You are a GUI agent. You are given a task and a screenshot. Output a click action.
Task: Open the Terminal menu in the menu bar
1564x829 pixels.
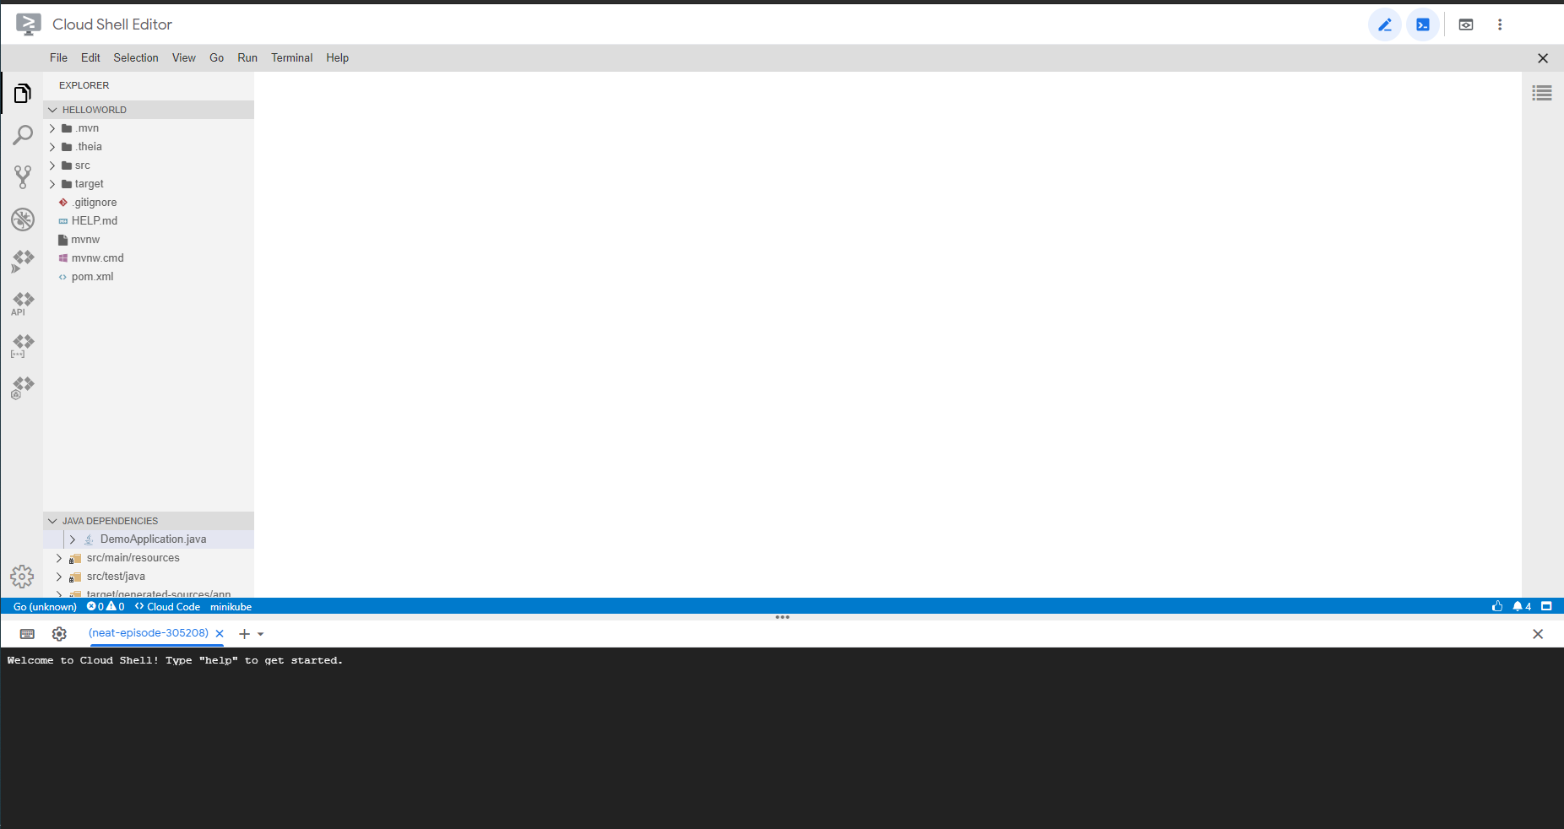(x=291, y=57)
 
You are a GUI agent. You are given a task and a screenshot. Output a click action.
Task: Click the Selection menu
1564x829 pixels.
(x=136, y=57)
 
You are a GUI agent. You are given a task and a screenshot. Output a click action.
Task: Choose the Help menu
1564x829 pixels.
(x=337, y=57)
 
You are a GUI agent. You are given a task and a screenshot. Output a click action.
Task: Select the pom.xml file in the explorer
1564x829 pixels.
(x=92, y=277)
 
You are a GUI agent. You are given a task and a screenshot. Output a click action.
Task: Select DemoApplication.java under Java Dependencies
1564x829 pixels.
(x=153, y=539)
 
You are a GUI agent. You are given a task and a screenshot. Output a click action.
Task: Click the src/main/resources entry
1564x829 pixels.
(x=133, y=558)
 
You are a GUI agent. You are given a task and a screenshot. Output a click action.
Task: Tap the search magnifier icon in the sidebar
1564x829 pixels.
(x=23, y=135)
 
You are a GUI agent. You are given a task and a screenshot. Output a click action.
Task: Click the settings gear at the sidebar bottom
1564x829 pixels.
(x=22, y=577)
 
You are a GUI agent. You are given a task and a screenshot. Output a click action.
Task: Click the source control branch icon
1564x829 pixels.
(x=23, y=177)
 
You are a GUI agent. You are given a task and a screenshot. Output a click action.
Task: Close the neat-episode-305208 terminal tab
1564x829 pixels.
(x=220, y=633)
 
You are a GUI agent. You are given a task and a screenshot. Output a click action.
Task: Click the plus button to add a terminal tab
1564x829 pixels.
(x=244, y=634)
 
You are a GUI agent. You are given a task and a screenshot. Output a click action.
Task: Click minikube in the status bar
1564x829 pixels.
(x=231, y=607)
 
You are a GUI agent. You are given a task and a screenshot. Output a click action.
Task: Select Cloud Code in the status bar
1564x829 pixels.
(x=168, y=607)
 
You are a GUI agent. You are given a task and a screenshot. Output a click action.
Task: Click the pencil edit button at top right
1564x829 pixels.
(x=1385, y=24)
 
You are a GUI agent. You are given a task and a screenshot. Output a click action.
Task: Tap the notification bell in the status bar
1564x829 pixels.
(x=1518, y=606)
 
